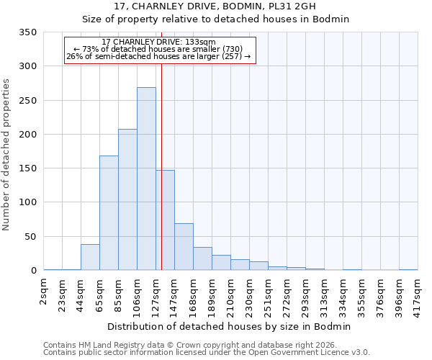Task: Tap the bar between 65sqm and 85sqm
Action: tap(109, 213)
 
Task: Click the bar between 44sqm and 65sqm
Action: tap(90, 257)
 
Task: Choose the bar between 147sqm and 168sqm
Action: tap(184, 247)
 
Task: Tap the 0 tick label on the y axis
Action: tap(33, 271)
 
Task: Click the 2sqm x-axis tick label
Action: tap(45, 294)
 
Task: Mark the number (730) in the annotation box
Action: tap(242, 49)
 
